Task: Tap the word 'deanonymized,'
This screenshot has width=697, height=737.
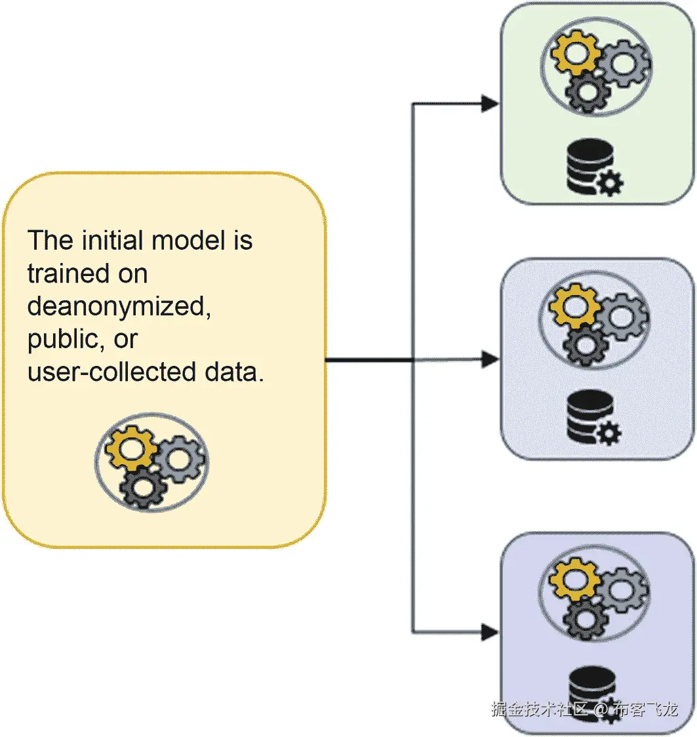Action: pyautogui.click(x=119, y=306)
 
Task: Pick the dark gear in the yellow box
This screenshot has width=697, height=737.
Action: pyautogui.click(x=142, y=487)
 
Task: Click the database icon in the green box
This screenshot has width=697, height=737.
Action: pyautogui.click(x=588, y=167)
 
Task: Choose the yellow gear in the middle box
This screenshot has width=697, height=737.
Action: pyautogui.click(x=574, y=306)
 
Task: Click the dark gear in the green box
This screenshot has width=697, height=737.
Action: pyautogui.click(x=586, y=91)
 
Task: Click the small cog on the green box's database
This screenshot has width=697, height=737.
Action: pyautogui.click(x=610, y=184)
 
